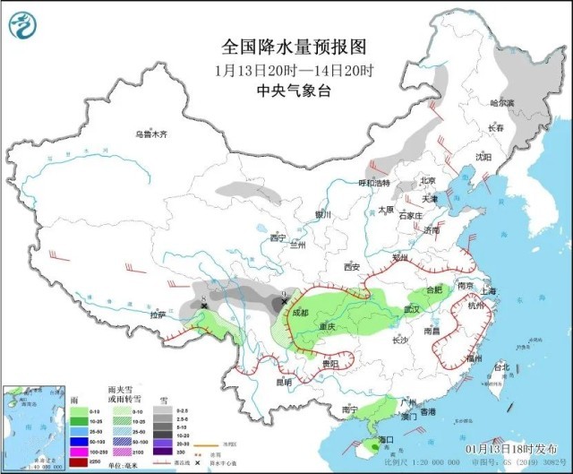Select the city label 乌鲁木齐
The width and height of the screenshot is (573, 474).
(x=151, y=134)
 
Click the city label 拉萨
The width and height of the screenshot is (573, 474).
(x=158, y=315)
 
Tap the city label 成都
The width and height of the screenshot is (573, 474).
(x=299, y=313)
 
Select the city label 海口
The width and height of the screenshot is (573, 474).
(x=386, y=440)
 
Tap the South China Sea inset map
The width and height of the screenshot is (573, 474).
(x=34, y=427)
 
